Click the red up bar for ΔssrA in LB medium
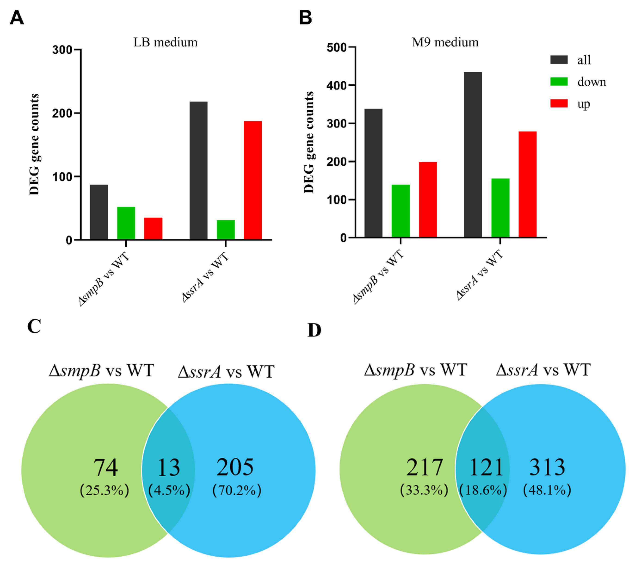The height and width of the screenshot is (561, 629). tap(253, 180)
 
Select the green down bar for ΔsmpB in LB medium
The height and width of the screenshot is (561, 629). tap(126, 223)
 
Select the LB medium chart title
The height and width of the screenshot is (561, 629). tap(166, 42)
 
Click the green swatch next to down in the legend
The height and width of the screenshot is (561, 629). tap(559, 82)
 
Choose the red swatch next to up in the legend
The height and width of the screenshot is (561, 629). tap(559, 104)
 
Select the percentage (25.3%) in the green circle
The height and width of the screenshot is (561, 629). tap(105, 490)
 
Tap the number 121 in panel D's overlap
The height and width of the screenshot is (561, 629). tap(486, 467)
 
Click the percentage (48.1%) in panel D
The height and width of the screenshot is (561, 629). tap(547, 490)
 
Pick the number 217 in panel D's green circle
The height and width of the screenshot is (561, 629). tap(424, 467)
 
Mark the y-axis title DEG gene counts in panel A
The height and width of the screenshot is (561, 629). tap(34, 144)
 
